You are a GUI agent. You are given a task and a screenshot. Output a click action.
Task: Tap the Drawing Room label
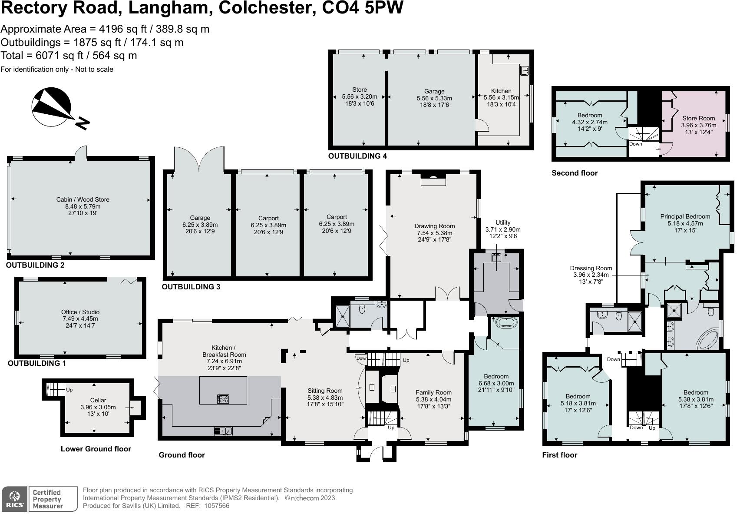pyautogui.click(x=434, y=233)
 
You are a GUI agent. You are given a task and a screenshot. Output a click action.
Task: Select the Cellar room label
pyautogui.click(x=98, y=407)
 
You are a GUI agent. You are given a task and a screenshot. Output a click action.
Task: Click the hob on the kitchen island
pyautogui.click(x=223, y=398)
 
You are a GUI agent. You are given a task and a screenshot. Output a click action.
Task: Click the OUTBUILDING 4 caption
pyautogui.click(x=357, y=156)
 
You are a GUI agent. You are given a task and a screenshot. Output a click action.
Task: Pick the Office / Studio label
pyautogui.click(x=80, y=318)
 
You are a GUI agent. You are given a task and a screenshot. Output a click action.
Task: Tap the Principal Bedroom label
pyautogui.click(x=685, y=223)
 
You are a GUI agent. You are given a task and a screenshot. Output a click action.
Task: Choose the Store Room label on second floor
pyautogui.click(x=698, y=125)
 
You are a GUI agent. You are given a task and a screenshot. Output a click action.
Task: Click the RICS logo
pyautogui.click(x=14, y=499)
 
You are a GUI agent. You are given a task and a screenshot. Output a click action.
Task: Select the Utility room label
pyautogui.click(x=503, y=229)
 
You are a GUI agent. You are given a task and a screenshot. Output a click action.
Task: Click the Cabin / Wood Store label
pyautogui.click(x=83, y=206)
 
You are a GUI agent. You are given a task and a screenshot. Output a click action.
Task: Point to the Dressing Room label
pyautogui.click(x=591, y=275)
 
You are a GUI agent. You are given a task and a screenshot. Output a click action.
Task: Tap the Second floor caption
pyautogui.click(x=575, y=173)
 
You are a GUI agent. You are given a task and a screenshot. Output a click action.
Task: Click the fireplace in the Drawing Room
pyautogui.click(x=433, y=180)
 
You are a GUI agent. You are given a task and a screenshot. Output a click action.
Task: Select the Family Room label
pyautogui.click(x=433, y=399)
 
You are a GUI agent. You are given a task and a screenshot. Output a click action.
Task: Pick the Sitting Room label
pyautogui.click(x=325, y=397)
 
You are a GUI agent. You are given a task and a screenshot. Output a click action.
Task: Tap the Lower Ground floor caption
pyautogui.click(x=96, y=449)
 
